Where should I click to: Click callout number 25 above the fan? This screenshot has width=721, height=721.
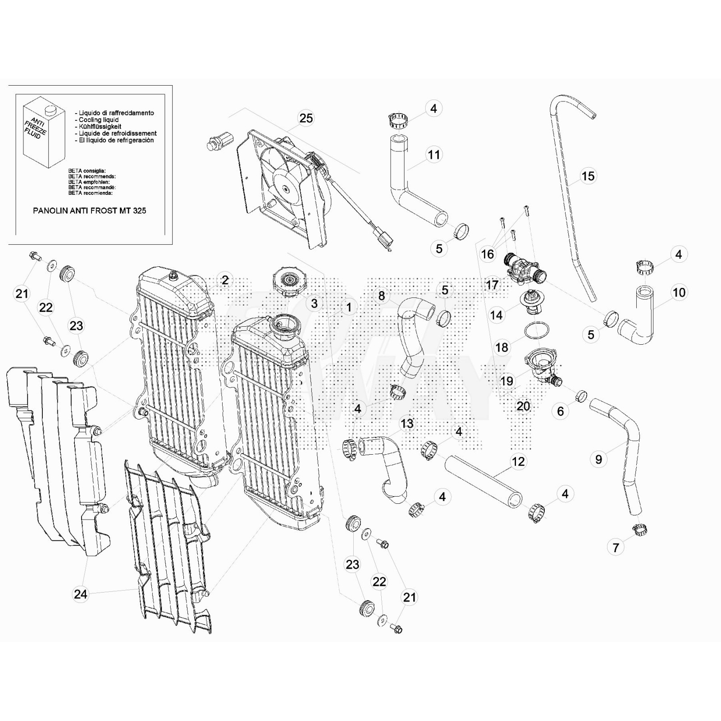(x=306, y=118)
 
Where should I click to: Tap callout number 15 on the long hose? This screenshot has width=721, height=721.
(x=588, y=176)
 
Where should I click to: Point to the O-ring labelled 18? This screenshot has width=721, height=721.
(x=537, y=330)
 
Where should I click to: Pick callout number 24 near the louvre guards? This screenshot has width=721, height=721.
(x=81, y=594)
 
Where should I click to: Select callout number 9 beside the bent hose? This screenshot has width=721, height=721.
(x=598, y=459)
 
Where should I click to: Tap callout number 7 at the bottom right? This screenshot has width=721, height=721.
(x=616, y=548)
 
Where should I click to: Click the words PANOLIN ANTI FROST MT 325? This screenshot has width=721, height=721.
(x=90, y=210)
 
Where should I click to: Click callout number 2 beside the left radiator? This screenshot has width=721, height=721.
(x=225, y=280)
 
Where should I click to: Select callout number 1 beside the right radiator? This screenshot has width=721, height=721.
(x=348, y=307)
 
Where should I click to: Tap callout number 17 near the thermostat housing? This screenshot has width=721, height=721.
(x=492, y=285)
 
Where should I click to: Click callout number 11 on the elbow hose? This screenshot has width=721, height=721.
(x=434, y=155)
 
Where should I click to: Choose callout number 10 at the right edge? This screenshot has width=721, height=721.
(x=679, y=292)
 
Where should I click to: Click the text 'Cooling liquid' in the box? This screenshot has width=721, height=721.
(x=99, y=120)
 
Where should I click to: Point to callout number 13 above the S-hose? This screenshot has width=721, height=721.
(x=407, y=424)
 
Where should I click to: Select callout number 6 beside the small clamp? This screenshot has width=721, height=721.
(x=560, y=411)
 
